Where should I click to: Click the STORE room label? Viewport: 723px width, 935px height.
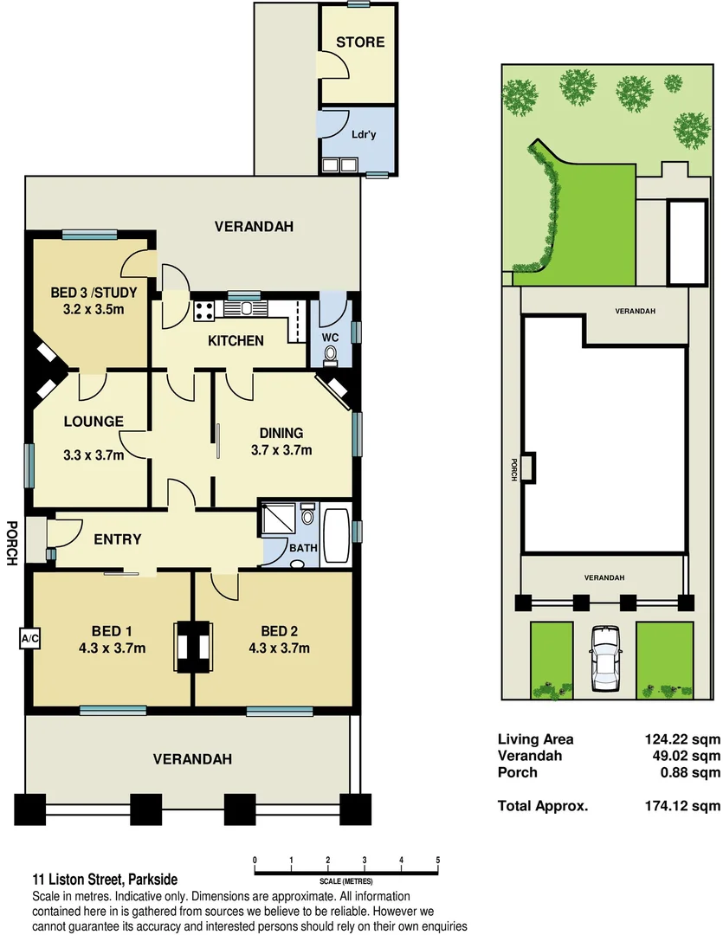360,42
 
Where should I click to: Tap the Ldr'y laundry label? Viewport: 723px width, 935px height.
363,135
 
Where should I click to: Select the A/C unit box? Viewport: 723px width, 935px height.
29,639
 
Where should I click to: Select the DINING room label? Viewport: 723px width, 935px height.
281,433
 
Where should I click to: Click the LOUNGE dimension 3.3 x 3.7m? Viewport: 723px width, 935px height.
94,455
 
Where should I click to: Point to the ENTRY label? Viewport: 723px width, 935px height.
117,539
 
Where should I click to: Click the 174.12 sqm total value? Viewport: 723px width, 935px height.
676,805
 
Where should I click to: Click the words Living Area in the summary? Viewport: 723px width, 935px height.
535,739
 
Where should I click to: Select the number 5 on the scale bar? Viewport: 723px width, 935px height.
438,859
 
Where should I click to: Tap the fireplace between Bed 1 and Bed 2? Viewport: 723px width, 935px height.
192,647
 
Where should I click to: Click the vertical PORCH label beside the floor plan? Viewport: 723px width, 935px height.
12,543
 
